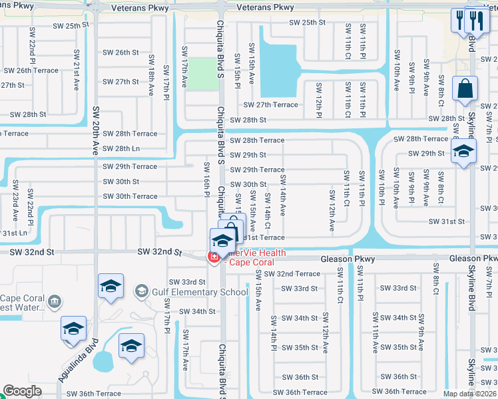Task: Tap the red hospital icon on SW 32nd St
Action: [x=214, y=257]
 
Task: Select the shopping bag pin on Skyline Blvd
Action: [x=465, y=88]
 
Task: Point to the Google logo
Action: [x=22, y=391]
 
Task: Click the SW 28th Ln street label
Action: [x=121, y=148]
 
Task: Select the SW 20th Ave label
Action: [x=96, y=130]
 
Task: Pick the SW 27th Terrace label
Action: [x=270, y=104]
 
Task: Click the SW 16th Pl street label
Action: [x=206, y=180]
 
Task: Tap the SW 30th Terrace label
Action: [x=130, y=196]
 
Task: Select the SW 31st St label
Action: [x=446, y=221]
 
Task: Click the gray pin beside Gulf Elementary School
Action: [x=141, y=291]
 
